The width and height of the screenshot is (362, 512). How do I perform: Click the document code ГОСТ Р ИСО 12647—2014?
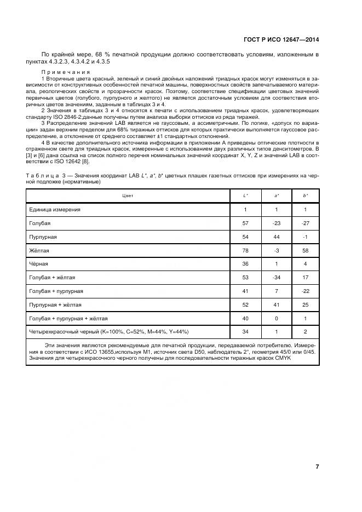coord(281,39)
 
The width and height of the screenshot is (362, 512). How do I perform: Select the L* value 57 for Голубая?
coord(245,223)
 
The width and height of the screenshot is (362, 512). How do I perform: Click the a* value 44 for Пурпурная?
coord(276,237)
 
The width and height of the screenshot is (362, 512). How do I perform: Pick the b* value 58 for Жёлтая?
coord(305,251)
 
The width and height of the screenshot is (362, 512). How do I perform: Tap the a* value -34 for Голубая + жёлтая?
coord(276,278)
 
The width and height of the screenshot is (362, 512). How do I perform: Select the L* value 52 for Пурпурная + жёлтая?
coord(245,304)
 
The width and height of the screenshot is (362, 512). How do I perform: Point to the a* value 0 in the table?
coord(276,318)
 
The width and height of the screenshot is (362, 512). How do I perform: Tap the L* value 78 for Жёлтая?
coord(245,251)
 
